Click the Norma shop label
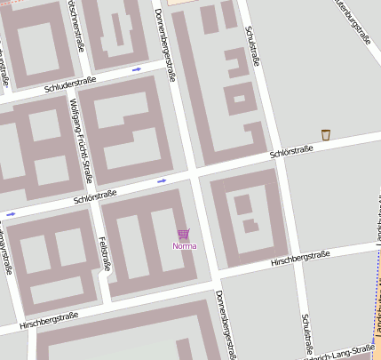point(185,245)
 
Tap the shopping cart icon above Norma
point(184,234)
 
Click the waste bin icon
point(326,135)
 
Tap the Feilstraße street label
point(106,252)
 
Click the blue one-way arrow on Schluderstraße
point(137,68)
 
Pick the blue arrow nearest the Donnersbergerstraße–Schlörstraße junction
point(162,181)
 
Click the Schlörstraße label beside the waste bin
point(291,152)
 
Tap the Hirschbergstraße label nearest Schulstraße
point(299,258)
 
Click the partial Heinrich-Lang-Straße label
point(341,352)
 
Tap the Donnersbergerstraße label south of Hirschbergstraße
point(226,324)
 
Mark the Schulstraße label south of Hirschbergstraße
point(306,334)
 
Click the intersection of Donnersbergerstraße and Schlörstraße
point(192,174)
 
